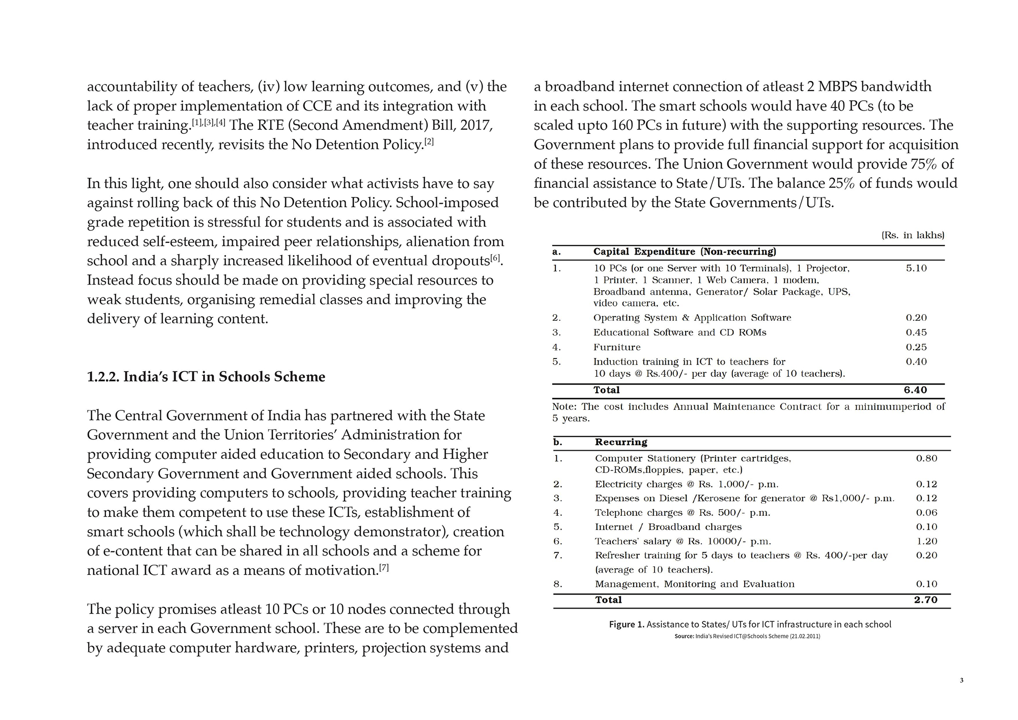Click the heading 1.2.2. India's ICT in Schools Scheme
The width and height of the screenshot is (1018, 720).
click(x=206, y=377)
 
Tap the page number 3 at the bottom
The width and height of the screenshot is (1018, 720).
click(x=962, y=680)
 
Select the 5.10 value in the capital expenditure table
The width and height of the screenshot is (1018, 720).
click(x=916, y=268)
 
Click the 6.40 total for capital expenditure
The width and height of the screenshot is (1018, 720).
click(x=915, y=390)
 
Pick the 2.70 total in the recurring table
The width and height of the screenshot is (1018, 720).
click(x=925, y=600)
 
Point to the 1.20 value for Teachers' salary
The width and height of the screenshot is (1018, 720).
click(x=926, y=541)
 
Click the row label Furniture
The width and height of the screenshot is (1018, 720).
click(x=617, y=347)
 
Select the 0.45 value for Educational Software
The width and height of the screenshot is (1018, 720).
click(x=916, y=333)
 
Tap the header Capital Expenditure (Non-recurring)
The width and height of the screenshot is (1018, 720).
click(x=685, y=252)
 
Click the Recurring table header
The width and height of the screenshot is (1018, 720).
click(x=621, y=442)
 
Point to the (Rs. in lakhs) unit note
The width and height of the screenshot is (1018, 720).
click(x=913, y=235)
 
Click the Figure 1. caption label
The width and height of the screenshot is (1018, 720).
click(x=627, y=624)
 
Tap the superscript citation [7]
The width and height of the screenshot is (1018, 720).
click(x=384, y=567)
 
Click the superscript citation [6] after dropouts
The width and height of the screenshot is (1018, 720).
click(x=495, y=258)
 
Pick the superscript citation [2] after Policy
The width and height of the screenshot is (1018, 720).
click(x=429, y=142)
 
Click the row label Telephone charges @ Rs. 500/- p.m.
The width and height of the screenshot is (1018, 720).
click(x=682, y=513)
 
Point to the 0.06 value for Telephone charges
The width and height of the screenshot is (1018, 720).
click(x=926, y=513)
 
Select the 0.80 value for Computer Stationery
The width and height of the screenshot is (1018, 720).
click(x=926, y=458)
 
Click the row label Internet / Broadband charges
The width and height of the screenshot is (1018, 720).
click(x=668, y=527)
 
